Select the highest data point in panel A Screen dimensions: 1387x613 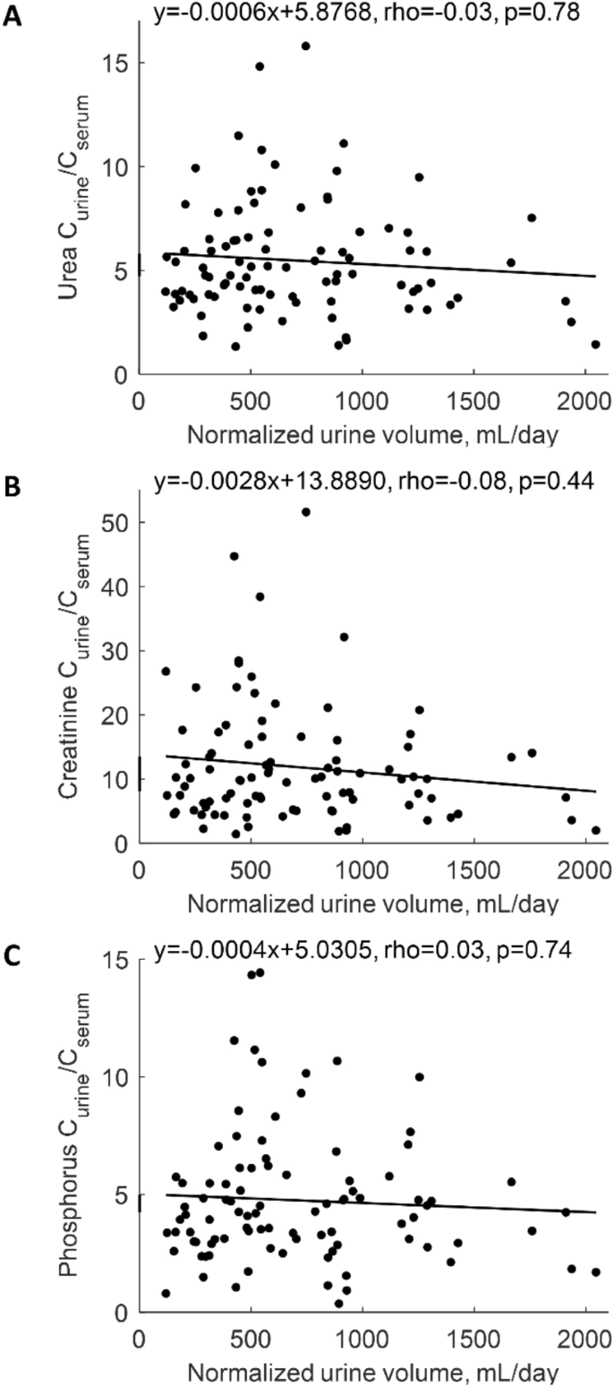305,46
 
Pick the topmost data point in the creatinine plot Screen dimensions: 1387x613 305,512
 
